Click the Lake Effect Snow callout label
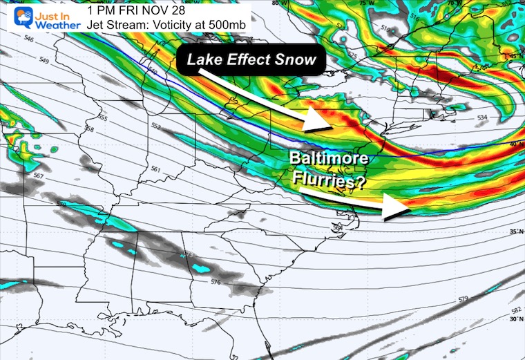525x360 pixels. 251,59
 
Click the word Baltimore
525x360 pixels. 329,162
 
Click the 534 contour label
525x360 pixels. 483,118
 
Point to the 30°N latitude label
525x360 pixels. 515,319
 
